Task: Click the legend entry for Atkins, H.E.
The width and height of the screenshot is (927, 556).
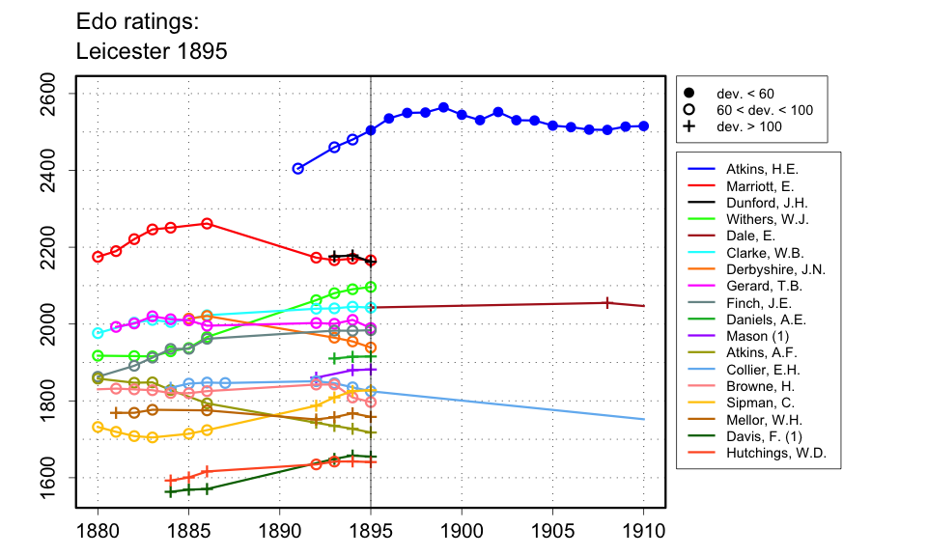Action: (x=762, y=169)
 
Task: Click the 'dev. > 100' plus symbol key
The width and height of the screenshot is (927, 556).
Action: (x=689, y=126)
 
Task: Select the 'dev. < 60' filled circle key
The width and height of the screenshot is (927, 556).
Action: (x=689, y=94)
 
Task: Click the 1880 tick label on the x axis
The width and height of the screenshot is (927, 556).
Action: (x=97, y=530)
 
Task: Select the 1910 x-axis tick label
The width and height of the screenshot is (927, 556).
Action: (x=642, y=530)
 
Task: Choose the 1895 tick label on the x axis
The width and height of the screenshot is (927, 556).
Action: (x=371, y=530)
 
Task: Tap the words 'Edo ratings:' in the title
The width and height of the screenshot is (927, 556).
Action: (x=138, y=21)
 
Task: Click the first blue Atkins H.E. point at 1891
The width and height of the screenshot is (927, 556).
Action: (x=298, y=168)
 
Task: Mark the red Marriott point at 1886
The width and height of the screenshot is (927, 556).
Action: (x=207, y=224)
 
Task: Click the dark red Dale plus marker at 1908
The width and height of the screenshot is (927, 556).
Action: (x=606, y=302)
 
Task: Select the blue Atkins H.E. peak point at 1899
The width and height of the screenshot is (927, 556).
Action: (x=443, y=107)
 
